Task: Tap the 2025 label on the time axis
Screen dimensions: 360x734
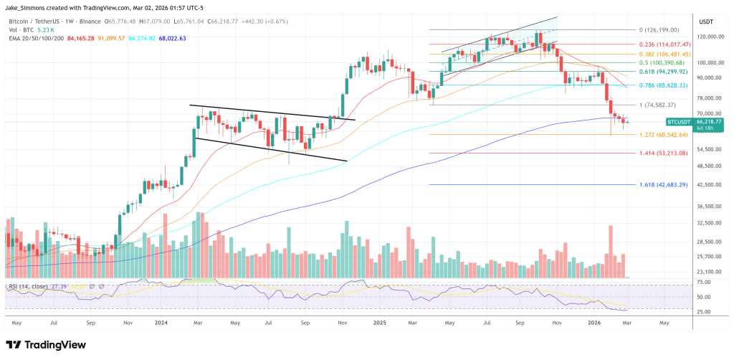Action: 381,323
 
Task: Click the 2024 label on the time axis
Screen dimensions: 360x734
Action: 161,323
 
